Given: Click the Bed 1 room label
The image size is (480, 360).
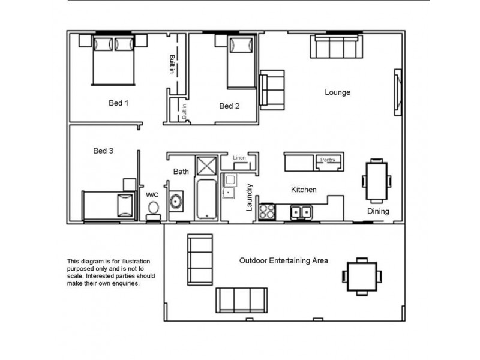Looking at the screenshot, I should (118, 103).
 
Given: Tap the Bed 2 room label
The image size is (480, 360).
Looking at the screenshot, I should (229, 106).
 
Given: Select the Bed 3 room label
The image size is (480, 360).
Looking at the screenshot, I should (103, 151).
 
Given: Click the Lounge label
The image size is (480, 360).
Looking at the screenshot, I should (337, 92).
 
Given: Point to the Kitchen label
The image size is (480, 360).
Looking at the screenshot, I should (304, 190).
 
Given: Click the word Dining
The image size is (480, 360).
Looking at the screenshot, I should (378, 211).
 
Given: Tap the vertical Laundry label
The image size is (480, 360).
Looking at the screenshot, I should (250, 197).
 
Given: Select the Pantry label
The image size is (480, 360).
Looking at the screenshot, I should (328, 160).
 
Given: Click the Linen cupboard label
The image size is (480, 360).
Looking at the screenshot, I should (239, 158).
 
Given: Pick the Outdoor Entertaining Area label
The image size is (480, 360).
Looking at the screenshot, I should (283, 261).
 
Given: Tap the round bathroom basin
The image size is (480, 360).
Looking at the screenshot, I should (176, 202).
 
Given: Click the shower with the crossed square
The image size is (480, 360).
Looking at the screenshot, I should (206, 166).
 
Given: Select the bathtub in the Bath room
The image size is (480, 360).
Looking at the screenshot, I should (207, 198).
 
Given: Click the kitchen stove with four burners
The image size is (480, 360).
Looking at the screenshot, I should (266, 211).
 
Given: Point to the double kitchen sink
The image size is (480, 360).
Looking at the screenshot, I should (301, 211).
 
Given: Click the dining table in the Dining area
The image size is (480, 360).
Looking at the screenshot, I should (376, 180).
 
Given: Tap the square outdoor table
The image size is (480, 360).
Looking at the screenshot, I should (362, 276).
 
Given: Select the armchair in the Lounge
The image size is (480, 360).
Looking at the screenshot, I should (272, 90).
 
